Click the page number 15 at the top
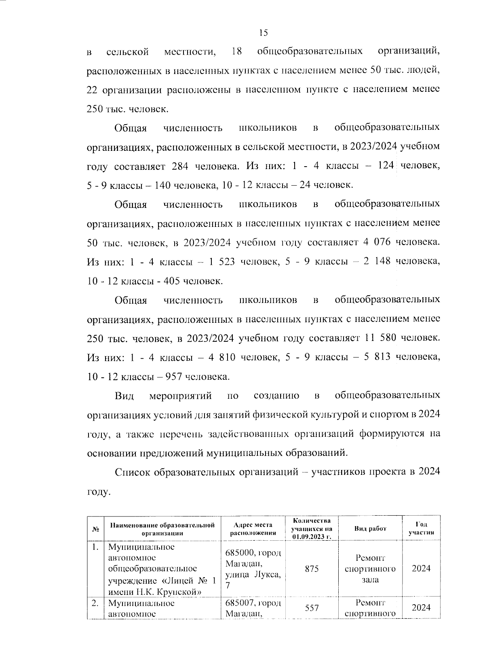click(263, 33)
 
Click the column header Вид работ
click(370, 529)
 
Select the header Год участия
click(421, 528)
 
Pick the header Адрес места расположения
click(253, 529)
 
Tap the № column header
click(96, 529)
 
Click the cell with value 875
click(312, 569)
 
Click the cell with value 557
click(312, 607)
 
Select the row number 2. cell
click(95, 603)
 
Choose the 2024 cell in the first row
click(421, 569)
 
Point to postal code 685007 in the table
click(238, 603)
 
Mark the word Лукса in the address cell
click(266, 575)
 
